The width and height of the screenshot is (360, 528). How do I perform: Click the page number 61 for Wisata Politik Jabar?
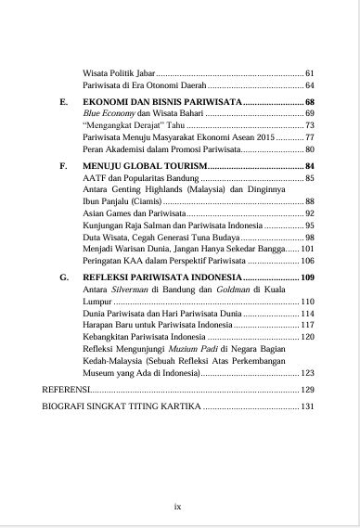[310, 72]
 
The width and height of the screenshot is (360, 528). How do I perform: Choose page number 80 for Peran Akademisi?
[310, 149]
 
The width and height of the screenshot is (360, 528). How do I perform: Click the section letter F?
[62, 164]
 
